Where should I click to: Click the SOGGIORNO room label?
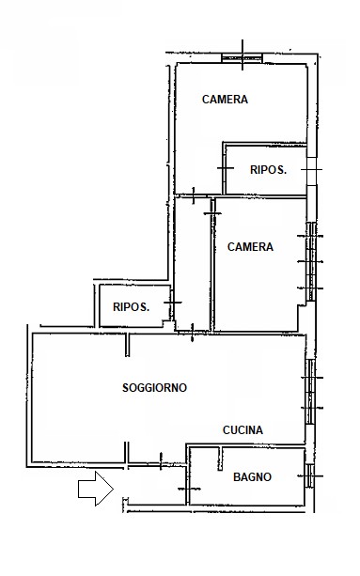pos(154,387)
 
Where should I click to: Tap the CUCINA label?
pos(243,430)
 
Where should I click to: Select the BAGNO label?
pos(252,477)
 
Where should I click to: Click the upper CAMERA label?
pos(225,100)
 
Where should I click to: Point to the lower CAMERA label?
pos(250,247)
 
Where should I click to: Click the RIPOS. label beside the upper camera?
pos(268,170)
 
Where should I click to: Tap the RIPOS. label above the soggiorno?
pos(132,306)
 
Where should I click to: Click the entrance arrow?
pos(96,489)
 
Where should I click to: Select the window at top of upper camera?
pos(243,57)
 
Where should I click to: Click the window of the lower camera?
pos(311,261)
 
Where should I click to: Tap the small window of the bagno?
pos(310,476)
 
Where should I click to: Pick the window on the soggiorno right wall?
pos(310,392)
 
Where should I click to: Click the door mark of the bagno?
pos(189,489)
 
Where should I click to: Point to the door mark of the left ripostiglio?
pos(172,303)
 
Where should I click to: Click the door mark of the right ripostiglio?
pos(226,168)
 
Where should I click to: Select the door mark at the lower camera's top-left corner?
pos(212,213)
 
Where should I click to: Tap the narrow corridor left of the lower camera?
pos(192,264)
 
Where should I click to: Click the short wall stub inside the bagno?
pos(220,459)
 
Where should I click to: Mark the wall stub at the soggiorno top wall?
pos(127,345)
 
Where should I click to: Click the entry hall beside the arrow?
pos(157,486)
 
